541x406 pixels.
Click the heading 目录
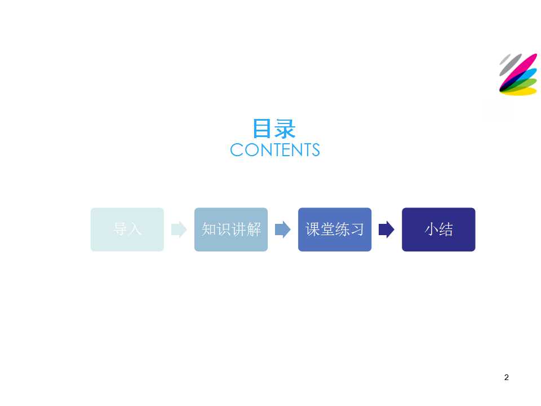coord(274,129)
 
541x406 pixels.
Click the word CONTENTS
coord(275,150)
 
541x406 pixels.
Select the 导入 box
coord(127,230)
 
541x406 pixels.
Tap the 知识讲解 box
coord(231,230)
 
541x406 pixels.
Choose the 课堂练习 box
coord(335,230)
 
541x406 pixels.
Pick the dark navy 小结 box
coord(438,230)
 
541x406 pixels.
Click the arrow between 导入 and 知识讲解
coord(179,230)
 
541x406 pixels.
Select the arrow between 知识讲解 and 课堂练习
coord(283,230)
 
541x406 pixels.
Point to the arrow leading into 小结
coord(387,230)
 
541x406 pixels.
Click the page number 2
coord(506,377)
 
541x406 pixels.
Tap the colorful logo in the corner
coord(518,74)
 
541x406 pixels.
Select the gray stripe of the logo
coord(510,64)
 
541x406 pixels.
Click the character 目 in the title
coord(262,129)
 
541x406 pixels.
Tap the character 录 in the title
coord(285,129)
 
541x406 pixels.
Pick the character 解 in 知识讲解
coord(254,230)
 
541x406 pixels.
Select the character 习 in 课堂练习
coord(357,230)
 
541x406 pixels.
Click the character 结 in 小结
coord(446,230)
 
